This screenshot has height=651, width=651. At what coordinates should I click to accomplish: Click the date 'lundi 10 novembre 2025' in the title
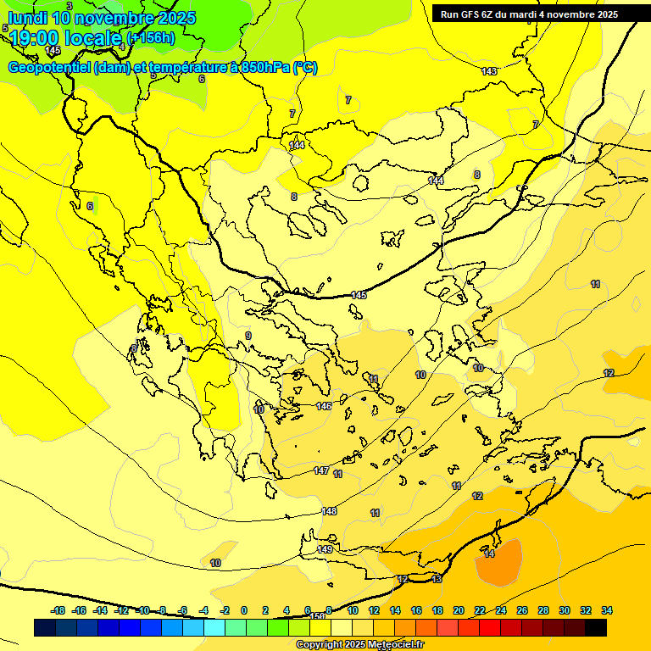pos(102,18)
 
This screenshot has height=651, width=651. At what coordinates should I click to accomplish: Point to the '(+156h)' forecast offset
pos(151,38)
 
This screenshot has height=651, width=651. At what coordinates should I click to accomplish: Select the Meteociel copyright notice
pos(359,645)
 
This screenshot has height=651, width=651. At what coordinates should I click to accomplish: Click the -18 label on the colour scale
pos(58,610)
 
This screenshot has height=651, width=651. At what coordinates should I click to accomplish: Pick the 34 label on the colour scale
pos(607,610)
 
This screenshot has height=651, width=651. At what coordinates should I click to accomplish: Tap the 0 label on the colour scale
pos(244,610)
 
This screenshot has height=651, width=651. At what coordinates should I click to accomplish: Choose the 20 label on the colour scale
pos(459,610)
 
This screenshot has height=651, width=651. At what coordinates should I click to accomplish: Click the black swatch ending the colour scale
pos(596,627)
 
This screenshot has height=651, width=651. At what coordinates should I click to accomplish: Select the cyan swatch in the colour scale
pos(214,627)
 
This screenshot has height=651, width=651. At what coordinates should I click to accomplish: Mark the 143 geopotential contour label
pos(489,71)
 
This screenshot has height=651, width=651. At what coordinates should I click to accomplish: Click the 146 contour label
pos(324,406)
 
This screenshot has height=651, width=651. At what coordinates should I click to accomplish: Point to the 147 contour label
pos(320,470)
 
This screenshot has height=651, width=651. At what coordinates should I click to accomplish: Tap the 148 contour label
pos(329,511)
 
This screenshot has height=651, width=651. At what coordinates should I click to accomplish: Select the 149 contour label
pos(325,550)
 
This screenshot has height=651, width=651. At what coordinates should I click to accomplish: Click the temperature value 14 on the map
pos(489,554)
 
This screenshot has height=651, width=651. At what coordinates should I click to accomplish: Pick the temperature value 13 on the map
pos(437,579)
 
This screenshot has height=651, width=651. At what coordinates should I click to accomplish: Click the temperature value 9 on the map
pos(248,336)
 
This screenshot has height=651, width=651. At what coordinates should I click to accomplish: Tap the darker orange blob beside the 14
pos(500,562)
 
